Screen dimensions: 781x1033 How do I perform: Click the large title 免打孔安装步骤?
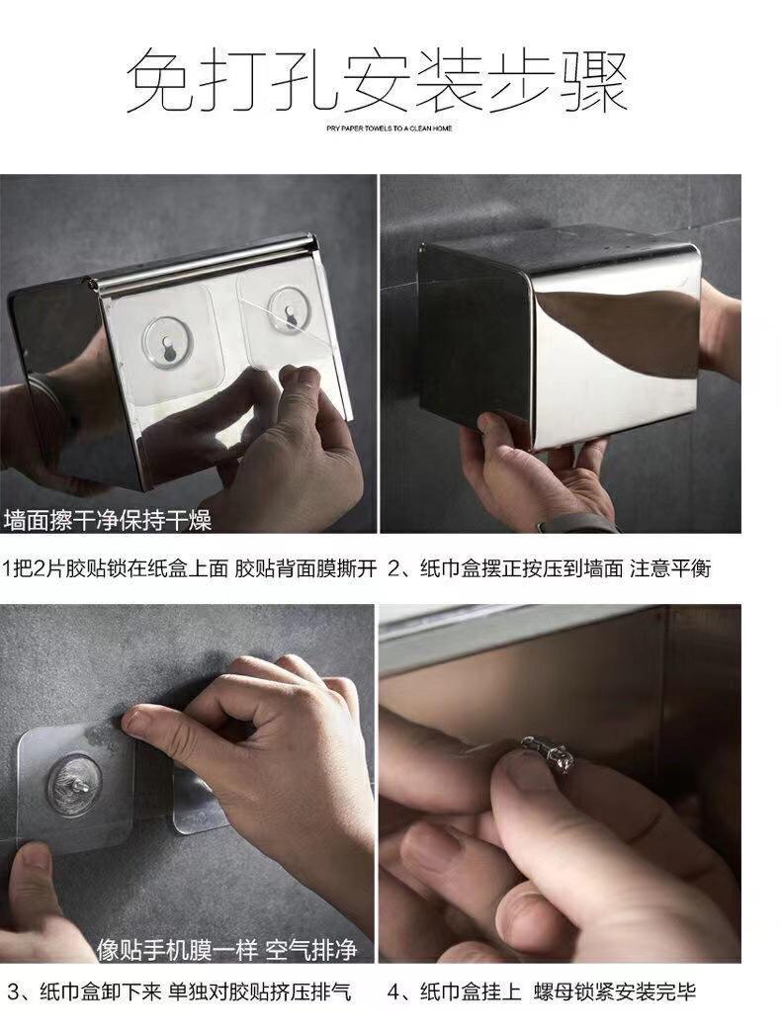pos(377,80)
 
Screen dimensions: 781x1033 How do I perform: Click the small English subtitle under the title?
pos(390,129)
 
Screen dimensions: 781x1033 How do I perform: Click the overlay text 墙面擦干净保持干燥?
pos(108,520)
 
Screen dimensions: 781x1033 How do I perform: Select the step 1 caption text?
pos(190,567)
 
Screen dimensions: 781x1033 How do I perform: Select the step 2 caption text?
pos(550,567)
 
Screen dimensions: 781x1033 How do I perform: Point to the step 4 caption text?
pos(542,991)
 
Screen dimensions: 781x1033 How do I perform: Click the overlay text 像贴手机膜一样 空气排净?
pos(226,949)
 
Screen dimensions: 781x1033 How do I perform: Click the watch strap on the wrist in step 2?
pos(574,524)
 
